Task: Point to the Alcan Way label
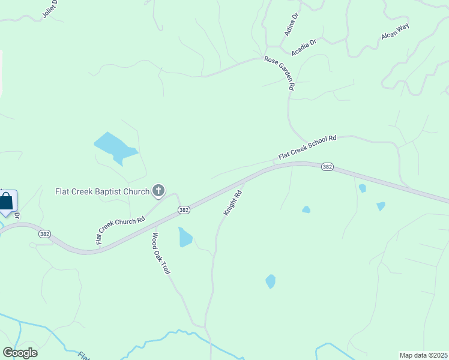[x=395, y=33]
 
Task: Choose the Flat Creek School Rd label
[x=307, y=148]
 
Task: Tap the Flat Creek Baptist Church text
[x=102, y=192]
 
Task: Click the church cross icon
[x=158, y=191]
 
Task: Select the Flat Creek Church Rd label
[x=121, y=230]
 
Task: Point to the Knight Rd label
[x=232, y=203]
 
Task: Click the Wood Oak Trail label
[x=161, y=254]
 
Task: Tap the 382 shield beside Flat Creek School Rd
[x=327, y=167]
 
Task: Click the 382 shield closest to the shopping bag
[x=44, y=234]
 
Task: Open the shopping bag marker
[x=7, y=202]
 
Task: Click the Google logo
[x=20, y=353]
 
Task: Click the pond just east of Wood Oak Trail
[x=185, y=238]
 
